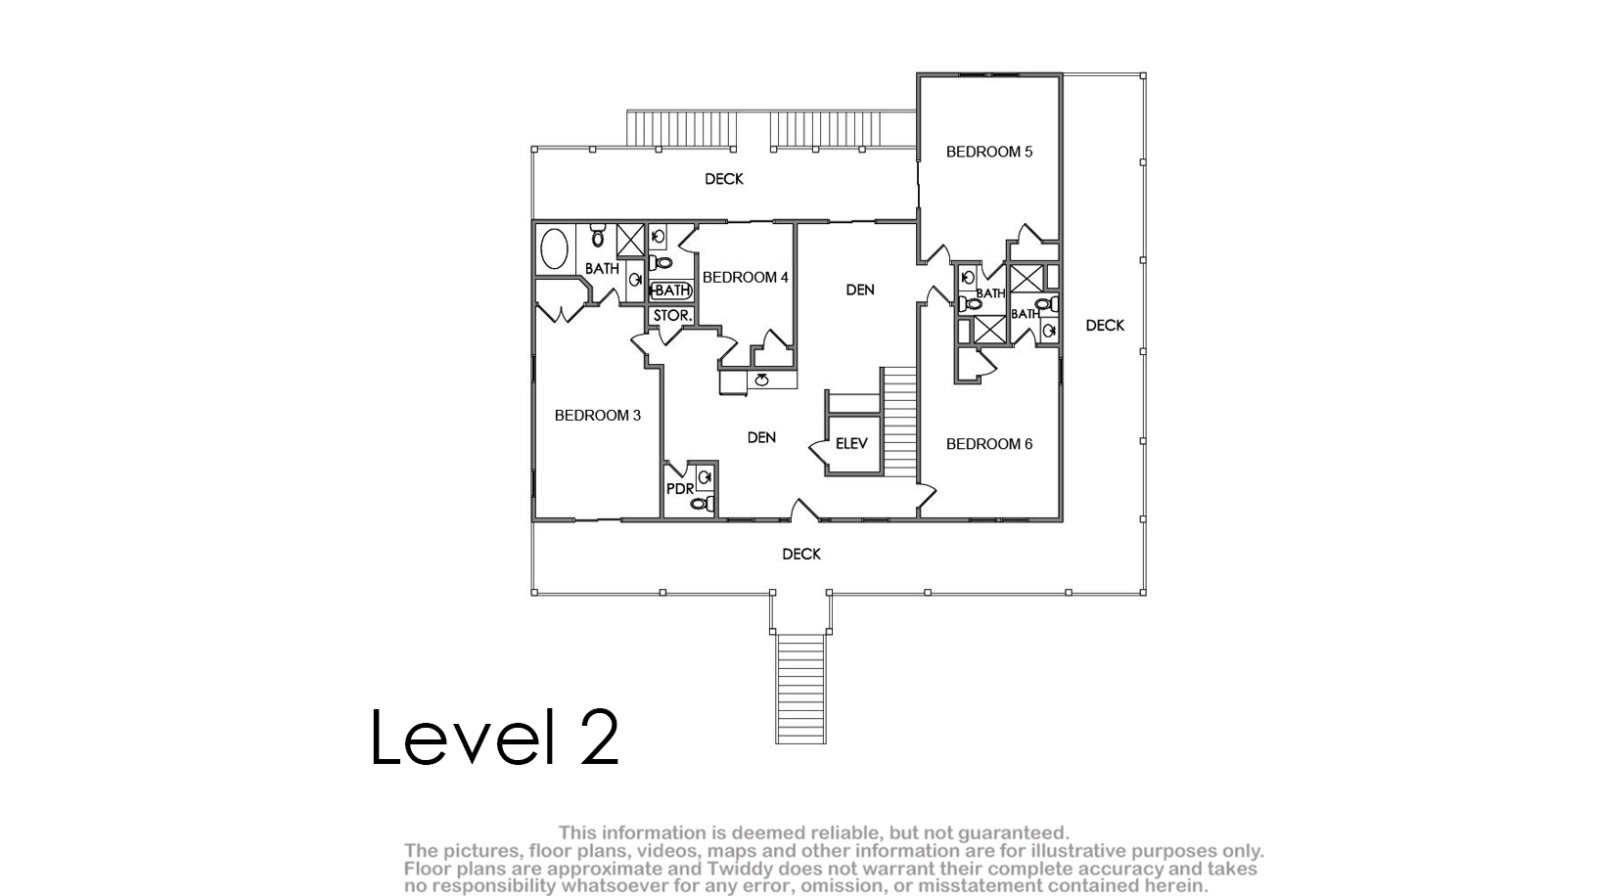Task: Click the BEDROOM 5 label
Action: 989,152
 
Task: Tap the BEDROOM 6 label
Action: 989,444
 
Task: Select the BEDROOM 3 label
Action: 598,416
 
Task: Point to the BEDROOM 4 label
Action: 745,277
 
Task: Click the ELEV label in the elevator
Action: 851,444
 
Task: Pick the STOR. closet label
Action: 672,315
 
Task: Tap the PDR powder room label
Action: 680,489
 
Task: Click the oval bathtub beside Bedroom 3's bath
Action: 554,248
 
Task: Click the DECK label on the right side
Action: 1105,326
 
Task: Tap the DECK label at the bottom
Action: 801,554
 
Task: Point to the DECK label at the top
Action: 724,179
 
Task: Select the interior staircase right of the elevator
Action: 899,422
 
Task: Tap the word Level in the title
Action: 463,737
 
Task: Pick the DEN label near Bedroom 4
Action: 860,291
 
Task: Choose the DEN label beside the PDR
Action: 761,437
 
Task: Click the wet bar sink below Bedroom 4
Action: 761,380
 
